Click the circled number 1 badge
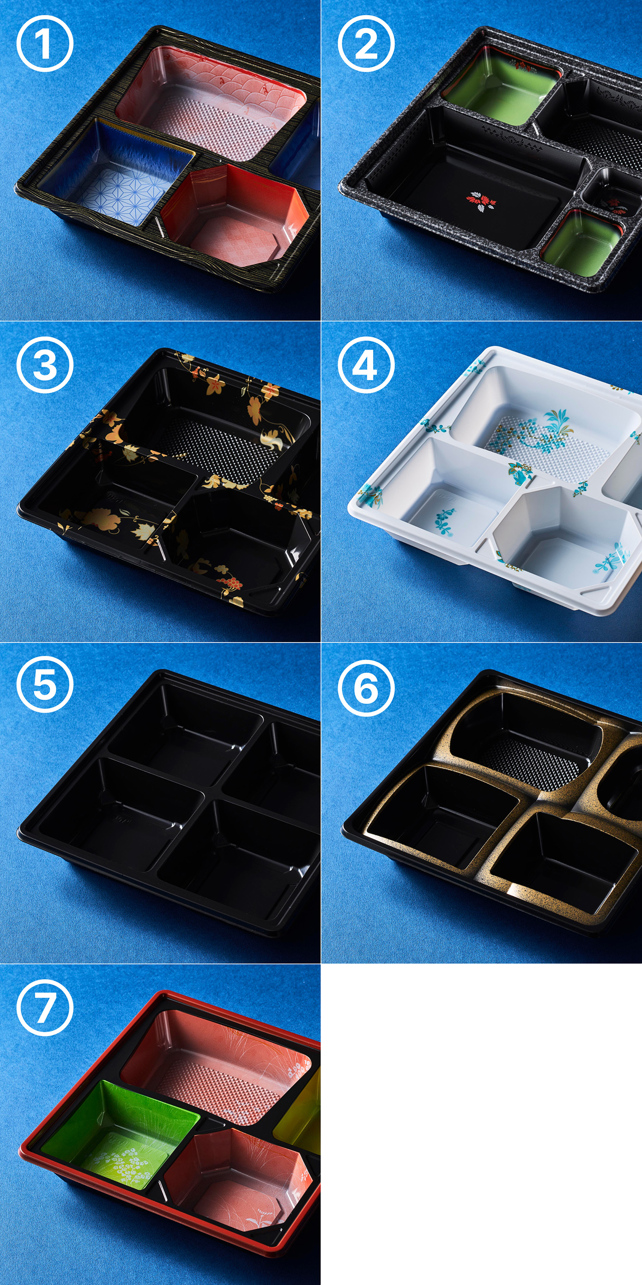click(x=45, y=44)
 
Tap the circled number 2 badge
click(x=366, y=44)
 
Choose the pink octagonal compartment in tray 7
click(x=239, y=1178)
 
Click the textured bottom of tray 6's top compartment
click(x=531, y=763)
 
